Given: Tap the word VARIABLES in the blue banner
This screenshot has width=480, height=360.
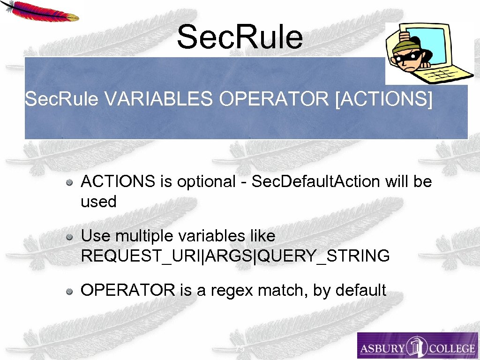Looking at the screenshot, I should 159,99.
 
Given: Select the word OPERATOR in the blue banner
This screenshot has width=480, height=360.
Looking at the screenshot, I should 274,99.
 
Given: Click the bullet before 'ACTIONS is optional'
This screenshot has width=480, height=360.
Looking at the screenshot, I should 69,182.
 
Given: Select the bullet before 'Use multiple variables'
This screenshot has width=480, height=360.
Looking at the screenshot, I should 69,237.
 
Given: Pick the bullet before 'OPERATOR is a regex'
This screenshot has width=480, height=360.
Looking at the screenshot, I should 69,292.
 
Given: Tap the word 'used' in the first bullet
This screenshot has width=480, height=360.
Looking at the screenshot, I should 98,202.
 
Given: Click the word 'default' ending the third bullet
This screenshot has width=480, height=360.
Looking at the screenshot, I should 360,291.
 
